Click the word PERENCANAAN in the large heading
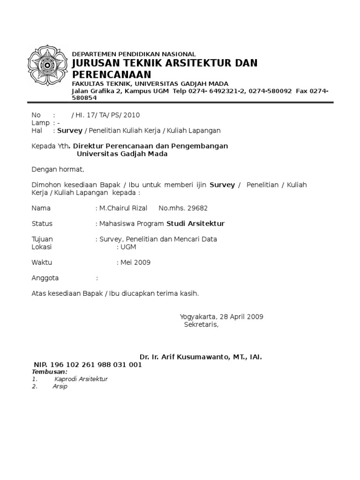click(x=112, y=75)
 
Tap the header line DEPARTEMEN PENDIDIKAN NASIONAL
click(x=134, y=54)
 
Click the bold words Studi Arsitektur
click(x=196, y=224)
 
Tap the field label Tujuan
click(x=42, y=239)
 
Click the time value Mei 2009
click(x=135, y=262)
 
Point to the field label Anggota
click(x=45, y=278)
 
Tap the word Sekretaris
click(x=201, y=324)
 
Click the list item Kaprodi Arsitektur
click(x=81, y=379)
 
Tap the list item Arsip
click(x=60, y=387)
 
